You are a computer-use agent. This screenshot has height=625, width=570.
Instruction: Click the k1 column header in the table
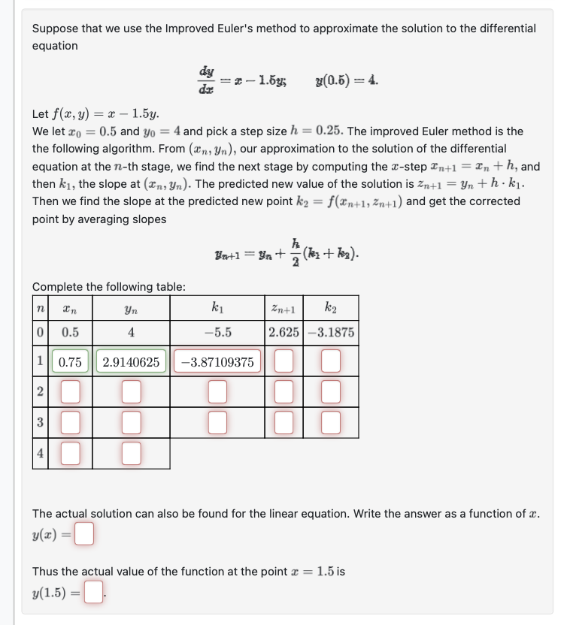click(217, 307)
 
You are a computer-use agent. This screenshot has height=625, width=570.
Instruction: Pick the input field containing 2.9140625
click(131, 362)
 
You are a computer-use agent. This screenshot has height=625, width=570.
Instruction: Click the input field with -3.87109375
click(217, 362)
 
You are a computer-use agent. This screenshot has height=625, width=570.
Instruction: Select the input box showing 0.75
click(70, 362)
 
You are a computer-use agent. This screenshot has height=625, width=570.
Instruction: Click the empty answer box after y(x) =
click(84, 535)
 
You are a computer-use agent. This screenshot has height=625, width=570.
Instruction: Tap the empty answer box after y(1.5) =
click(92, 593)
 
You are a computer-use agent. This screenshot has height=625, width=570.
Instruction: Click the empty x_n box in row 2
click(70, 391)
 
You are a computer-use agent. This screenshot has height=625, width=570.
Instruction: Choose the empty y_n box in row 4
click(131, 453)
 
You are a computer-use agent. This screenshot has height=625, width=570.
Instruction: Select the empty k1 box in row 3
click(217, 423)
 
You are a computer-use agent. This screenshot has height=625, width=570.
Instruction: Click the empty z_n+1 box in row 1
click(283, 362)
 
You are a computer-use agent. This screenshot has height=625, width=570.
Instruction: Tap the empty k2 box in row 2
click(331, 391)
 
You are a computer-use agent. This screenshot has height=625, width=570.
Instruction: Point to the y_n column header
click(131, 307)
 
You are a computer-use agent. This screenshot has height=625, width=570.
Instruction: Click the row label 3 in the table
click(40, 423)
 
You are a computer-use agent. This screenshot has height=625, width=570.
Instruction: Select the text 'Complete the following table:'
click(109, 286)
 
